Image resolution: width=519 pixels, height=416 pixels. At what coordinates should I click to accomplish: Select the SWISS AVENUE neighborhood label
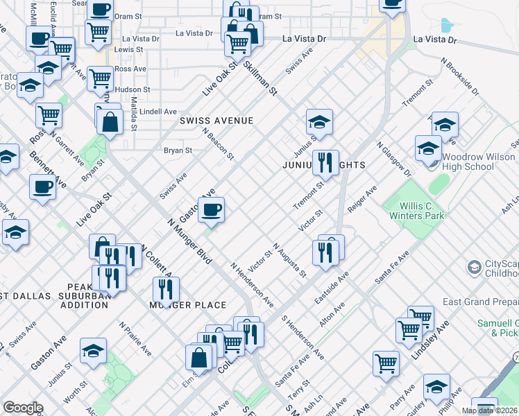[216, 121]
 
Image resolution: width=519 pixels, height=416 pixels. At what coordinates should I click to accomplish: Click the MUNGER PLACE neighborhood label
[189, 305]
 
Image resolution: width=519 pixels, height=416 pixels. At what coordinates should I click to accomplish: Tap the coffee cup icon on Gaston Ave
[212, 209]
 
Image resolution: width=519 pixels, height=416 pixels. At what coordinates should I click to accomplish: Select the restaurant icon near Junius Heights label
[325, 164]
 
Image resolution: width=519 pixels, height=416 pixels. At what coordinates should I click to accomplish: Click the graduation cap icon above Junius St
[319, 122]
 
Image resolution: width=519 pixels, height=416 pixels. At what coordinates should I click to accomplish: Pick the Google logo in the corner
[24, 408]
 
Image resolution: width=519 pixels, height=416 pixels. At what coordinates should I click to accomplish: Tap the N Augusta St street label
[289, 260]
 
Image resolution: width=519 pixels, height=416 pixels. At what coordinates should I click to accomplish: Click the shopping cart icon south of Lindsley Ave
[386, 363]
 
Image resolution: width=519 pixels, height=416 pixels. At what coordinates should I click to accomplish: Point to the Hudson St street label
[132, 90]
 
